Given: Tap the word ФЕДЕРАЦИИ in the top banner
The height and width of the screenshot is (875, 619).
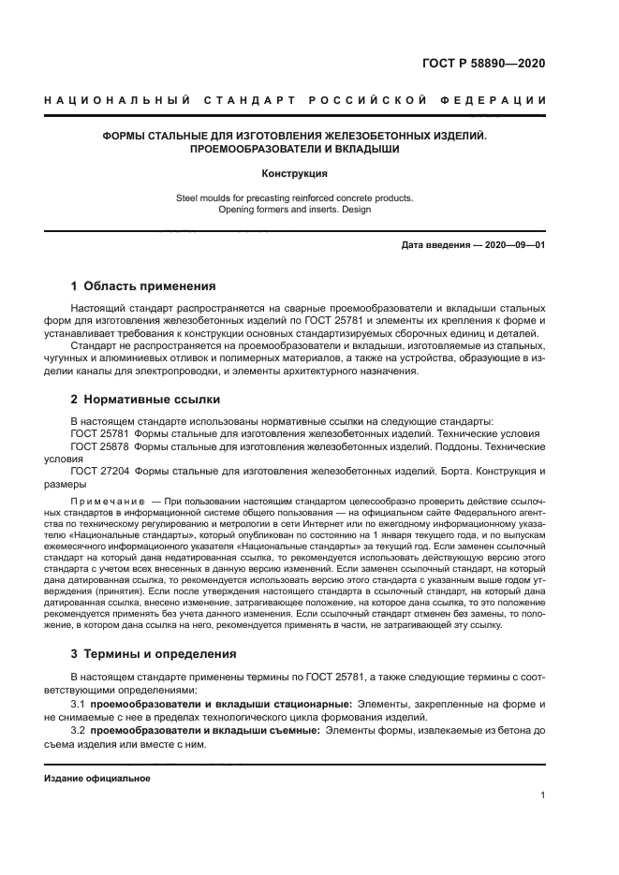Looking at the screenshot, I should point(499,100).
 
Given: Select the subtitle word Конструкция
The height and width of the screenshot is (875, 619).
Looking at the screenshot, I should point(295,173).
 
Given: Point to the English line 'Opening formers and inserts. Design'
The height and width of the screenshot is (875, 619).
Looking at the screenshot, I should point(295,210).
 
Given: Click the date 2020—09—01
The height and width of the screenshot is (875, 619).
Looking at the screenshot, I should point(515,245).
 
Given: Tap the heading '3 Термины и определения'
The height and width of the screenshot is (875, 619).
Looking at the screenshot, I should point(154,653).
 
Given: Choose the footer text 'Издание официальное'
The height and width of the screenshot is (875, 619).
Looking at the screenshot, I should point(97,778).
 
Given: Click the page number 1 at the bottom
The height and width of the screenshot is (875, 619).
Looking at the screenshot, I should point(543,795).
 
